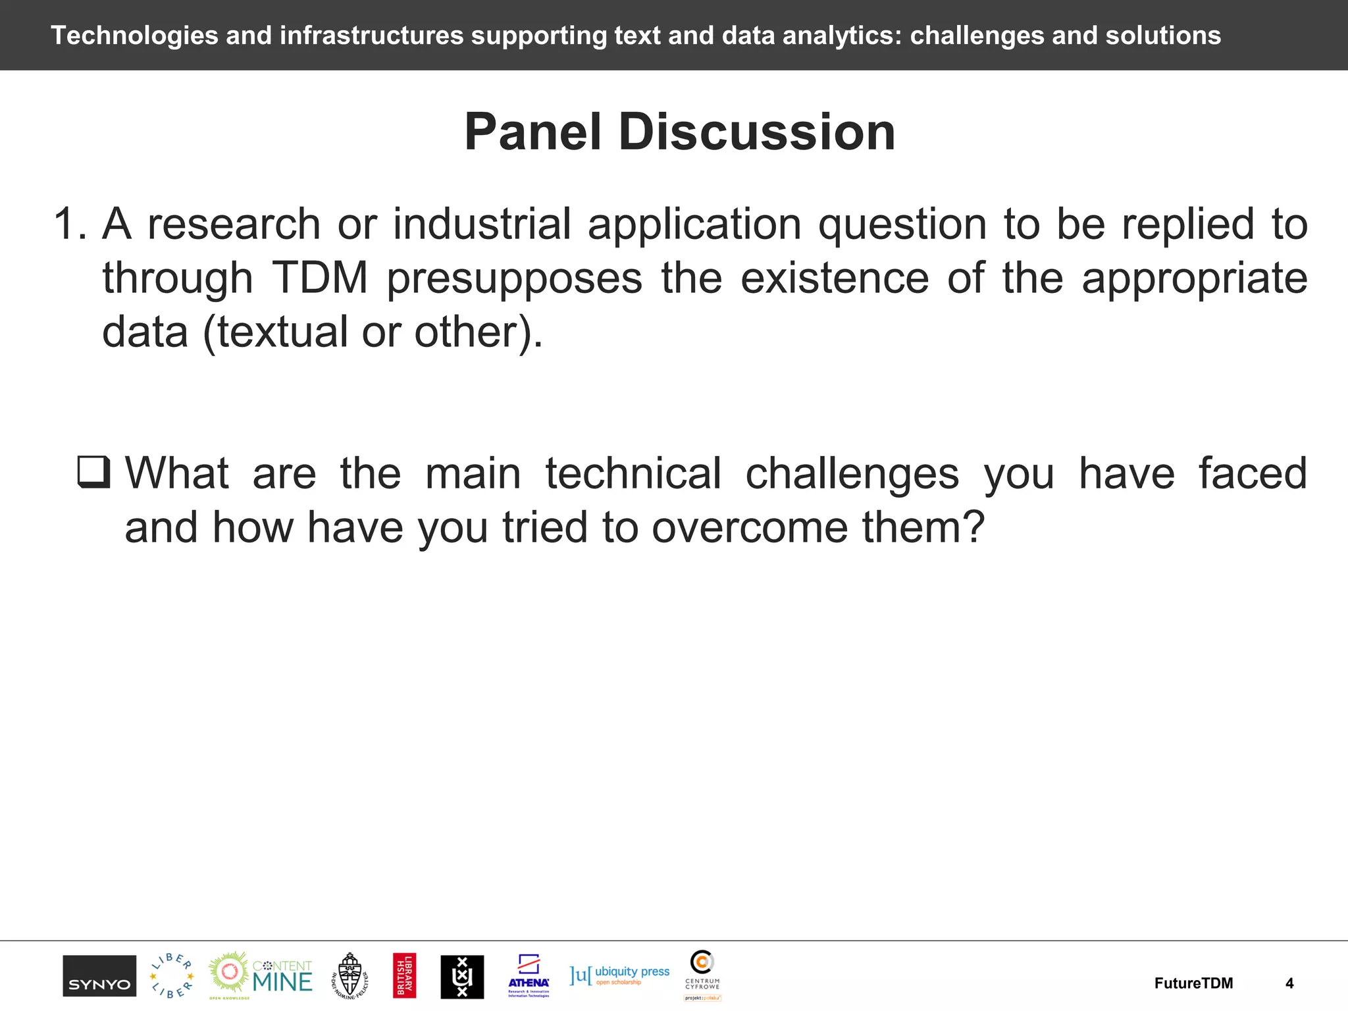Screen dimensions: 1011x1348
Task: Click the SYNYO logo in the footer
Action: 99,976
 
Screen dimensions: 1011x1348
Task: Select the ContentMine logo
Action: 261,975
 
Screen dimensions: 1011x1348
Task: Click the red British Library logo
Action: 404,975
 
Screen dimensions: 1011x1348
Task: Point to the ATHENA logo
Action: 529,975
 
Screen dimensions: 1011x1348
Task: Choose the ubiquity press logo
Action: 619,975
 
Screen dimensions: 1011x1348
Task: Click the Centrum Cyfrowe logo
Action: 702,974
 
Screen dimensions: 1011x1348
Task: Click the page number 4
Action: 1289,983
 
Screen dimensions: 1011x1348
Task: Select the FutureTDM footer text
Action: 1193,983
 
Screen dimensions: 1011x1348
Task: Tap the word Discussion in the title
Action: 757,132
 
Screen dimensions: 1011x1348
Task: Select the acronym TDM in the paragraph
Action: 320,278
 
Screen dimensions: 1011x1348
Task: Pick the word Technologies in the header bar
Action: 134,36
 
